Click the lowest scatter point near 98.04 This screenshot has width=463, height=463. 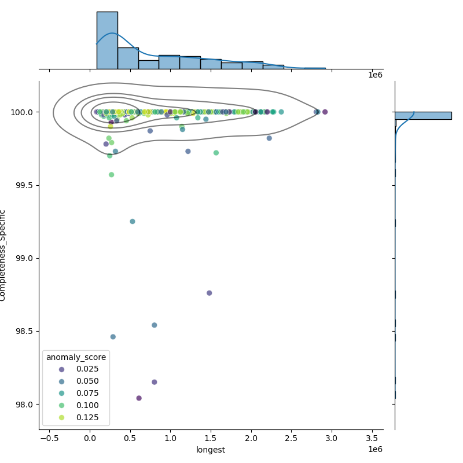tap(139, 398)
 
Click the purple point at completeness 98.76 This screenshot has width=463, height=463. tap(210, 293)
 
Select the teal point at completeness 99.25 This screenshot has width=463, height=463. tap(133, 222)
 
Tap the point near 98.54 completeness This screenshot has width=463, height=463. tap(155, 325)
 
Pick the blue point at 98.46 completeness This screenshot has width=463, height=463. tap(113, 337)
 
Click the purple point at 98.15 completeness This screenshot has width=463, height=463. tap(155, 382)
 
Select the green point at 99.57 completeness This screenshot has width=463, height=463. tap(111, 175)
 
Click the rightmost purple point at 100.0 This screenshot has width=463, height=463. tap(325, 112)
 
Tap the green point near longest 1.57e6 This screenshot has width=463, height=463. tap(216, 153)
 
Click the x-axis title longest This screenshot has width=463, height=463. tap(211, 450)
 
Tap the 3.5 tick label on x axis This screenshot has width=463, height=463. tap(372, 438)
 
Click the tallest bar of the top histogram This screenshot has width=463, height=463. tap(107, 41)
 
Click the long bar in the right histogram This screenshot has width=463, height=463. tap(423, 116)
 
